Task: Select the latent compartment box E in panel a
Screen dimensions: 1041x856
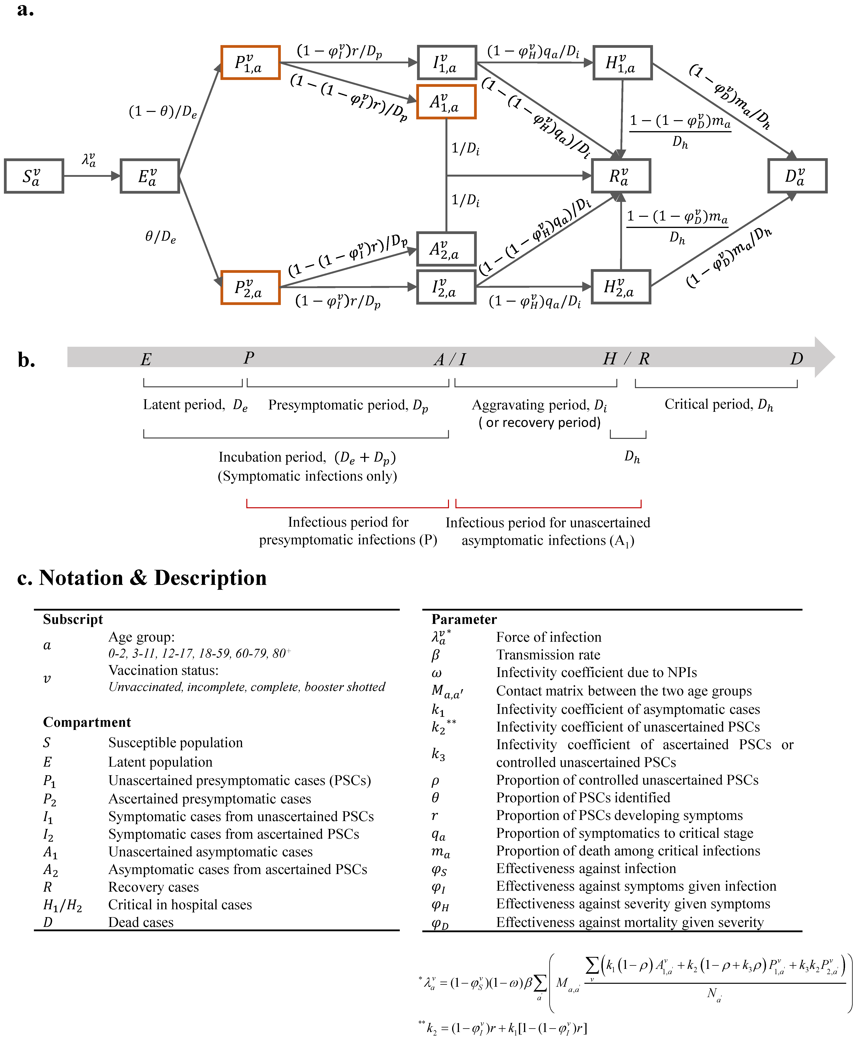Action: [149, 176]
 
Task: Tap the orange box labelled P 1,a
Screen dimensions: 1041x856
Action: [250, 63]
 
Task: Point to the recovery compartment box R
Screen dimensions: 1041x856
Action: [621, 176]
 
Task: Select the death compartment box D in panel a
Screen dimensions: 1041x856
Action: [797, 176]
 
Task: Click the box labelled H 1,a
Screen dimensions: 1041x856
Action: [622, 63]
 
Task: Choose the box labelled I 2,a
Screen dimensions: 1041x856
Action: [446, 287]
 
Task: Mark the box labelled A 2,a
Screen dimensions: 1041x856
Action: [446, 249]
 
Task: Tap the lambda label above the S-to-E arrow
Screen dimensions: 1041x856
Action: [89, 159]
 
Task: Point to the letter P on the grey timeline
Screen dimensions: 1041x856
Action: [249, 358]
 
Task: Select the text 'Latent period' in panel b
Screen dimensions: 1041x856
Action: [183, 405]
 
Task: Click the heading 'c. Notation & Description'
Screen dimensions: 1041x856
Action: [142, 577]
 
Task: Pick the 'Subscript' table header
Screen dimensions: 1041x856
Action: [73, 619]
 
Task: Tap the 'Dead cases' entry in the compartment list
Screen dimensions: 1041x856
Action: [141, 922]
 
